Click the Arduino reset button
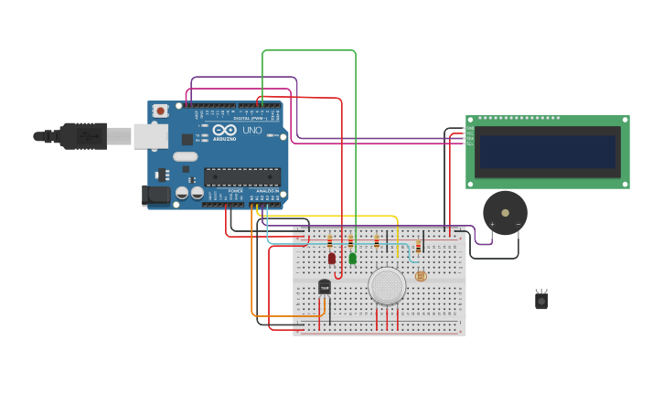pos(160,111)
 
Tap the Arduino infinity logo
pos(225,131)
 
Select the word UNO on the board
pos(251,131)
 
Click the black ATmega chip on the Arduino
pos(241,176)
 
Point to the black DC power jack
pos(155,194)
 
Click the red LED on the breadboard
pos(332,259)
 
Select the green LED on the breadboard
pos(353,259)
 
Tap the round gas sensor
pos(387,285)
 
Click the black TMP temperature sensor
pos(324,287)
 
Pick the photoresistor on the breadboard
pos(421,275)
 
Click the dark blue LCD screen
pos(547,152)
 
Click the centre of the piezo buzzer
pos(505,212)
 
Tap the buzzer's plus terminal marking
pos(492,224)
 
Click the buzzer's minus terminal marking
pos(518,224)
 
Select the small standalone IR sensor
pos(541,299)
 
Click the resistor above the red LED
pos(330,241)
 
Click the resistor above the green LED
pos(350,241)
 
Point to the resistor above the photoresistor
pos(419,246)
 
